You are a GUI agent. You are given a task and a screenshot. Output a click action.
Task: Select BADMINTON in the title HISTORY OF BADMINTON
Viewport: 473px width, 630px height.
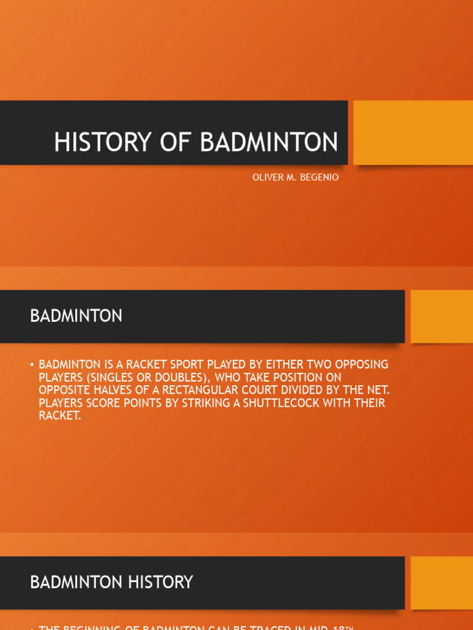point(269,142)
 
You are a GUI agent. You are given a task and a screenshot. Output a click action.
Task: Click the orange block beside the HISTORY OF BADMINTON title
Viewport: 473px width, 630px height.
point(413,132)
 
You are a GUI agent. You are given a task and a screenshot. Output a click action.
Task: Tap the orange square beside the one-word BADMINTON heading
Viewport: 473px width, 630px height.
point(441,316)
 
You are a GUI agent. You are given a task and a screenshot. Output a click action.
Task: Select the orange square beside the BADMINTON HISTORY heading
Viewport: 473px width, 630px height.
point(441,583)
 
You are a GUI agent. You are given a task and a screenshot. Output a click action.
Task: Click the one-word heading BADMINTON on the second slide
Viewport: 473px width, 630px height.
point(76,316)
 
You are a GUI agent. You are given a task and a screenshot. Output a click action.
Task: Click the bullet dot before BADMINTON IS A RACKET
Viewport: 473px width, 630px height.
point(31,365)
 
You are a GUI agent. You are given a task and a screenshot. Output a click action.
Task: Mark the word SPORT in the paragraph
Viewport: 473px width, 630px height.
point(184,364)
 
